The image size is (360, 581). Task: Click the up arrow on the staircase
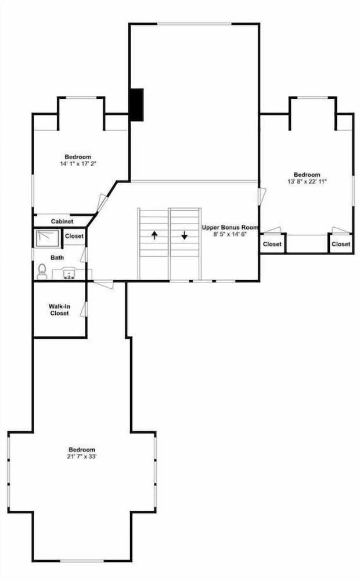click(x=154, y=235)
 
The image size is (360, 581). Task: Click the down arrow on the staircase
click(x=184, y=235)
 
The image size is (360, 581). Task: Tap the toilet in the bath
click(x=42, y=271)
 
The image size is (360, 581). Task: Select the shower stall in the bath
click(x=48, y=238)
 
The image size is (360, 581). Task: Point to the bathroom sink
click(x=69, y=274)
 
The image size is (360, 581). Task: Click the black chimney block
click(x=136, y=105)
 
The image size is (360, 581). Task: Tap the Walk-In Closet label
click(x=59, y=310)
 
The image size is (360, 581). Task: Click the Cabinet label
click(x=62, y=221)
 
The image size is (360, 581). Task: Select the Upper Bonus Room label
click(x=229, y=227)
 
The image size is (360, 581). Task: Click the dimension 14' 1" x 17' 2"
click(x=78, y=163)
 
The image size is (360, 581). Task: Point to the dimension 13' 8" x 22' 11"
click(x=307, y=181)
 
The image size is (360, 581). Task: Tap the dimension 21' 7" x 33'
click(x=81, y=457)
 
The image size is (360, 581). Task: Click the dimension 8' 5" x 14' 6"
click(x=229, y=234)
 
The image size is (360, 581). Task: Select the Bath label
click(x=57, y=257)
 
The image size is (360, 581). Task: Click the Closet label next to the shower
click(x=74, y=236)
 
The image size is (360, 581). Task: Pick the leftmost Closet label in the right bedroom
click(x=272, y=244)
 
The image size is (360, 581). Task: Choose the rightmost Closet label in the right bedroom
click(x=341, y=244)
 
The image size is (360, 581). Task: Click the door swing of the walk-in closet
click(x=84, y=309)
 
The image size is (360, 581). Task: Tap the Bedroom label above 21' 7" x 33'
click(x=81, y=450)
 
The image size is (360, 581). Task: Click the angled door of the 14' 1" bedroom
click(x=102, y=203)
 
